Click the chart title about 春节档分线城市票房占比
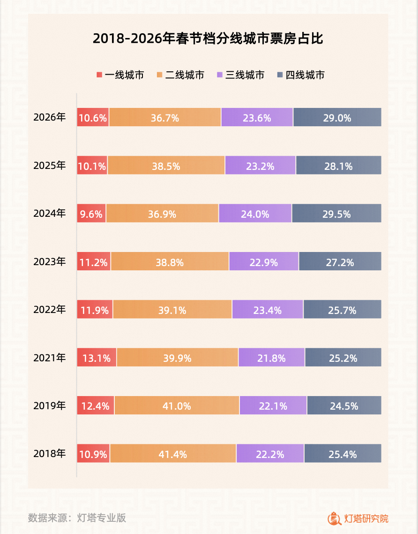208,38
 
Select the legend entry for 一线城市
120,75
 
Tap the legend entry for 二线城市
180,75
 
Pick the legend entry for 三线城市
240,75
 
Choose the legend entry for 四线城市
301,75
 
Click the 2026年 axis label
50,117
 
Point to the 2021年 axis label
50,358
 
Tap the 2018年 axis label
50,454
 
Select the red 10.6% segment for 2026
93,117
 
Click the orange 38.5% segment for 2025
166,165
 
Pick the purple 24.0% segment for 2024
255,214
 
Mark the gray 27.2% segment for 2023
340,261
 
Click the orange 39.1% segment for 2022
172,310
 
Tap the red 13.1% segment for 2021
97,358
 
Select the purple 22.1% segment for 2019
273,405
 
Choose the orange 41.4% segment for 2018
173,454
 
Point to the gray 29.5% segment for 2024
336,214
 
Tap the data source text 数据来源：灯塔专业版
77,518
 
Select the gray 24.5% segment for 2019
344,405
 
